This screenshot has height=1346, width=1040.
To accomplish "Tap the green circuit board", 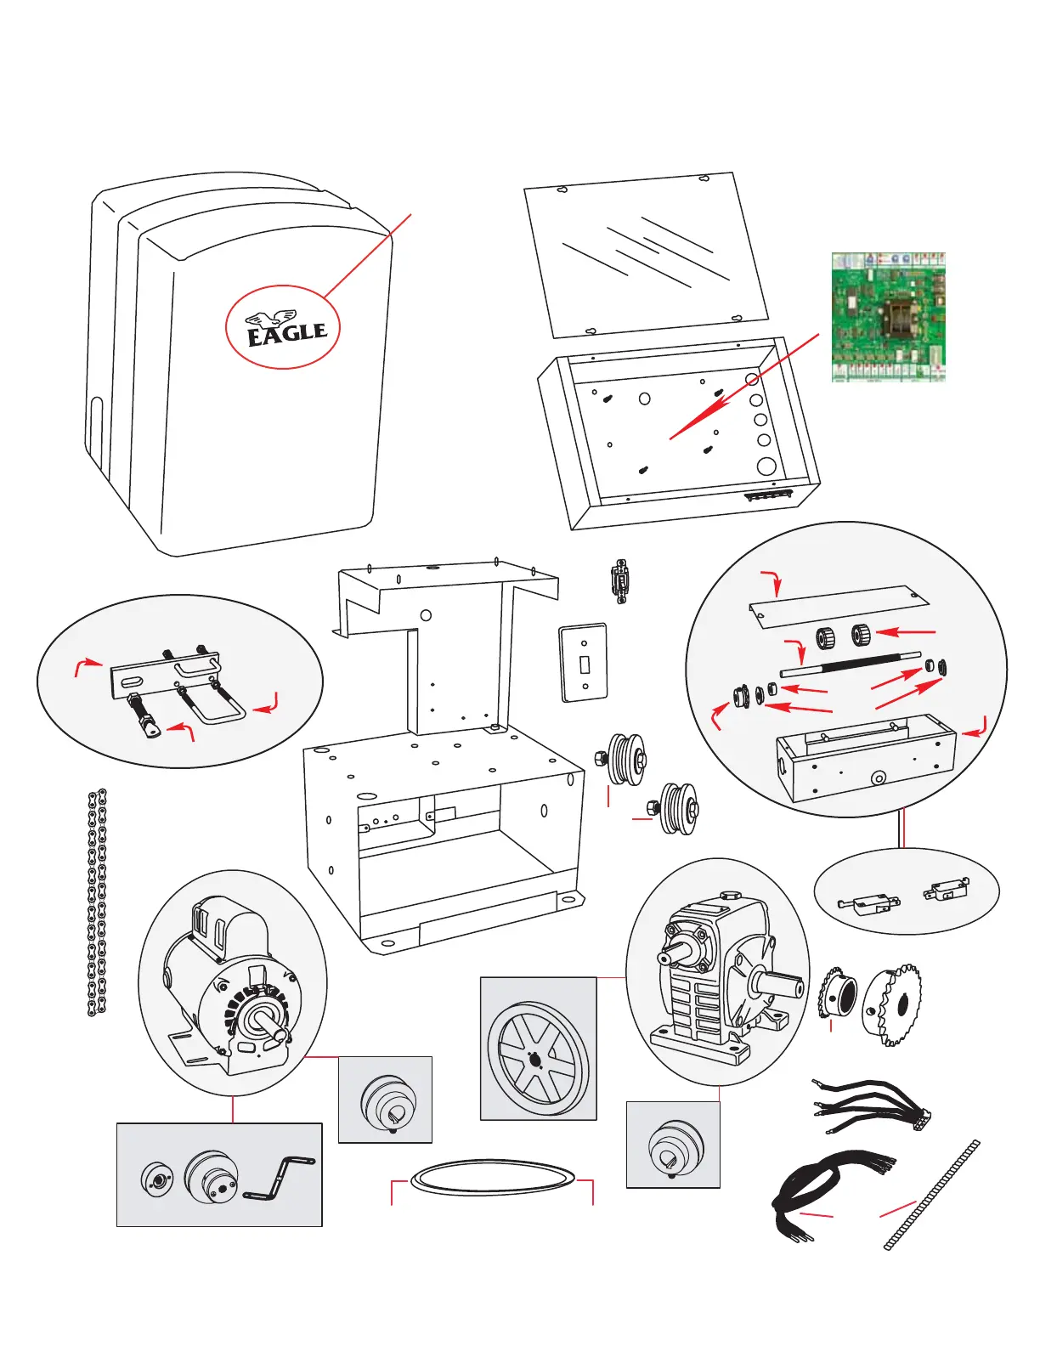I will tap(888, 317).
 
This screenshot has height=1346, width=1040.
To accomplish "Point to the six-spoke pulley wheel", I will tap(538, 1048).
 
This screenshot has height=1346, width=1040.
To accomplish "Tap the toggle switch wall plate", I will tap(583, 663).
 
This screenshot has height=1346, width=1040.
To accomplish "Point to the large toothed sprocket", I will tap(893, 1007).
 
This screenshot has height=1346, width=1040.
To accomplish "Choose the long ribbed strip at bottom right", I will tap(932, 1196).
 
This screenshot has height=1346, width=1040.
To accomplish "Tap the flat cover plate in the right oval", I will tap(839, 606).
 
